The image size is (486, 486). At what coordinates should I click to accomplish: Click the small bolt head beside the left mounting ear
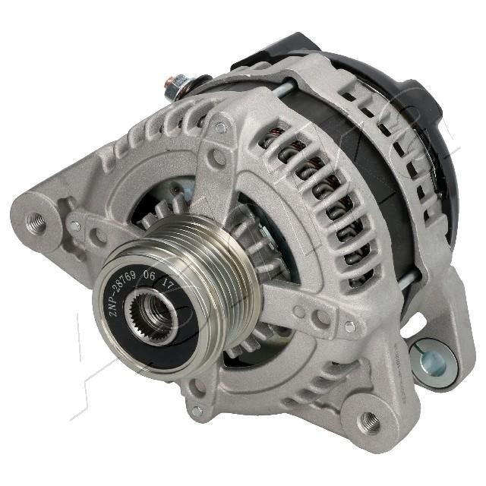coord(74,226)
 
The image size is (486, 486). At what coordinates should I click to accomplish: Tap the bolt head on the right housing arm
coord(349,327)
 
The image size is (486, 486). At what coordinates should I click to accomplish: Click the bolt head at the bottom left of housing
coord(197,410)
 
